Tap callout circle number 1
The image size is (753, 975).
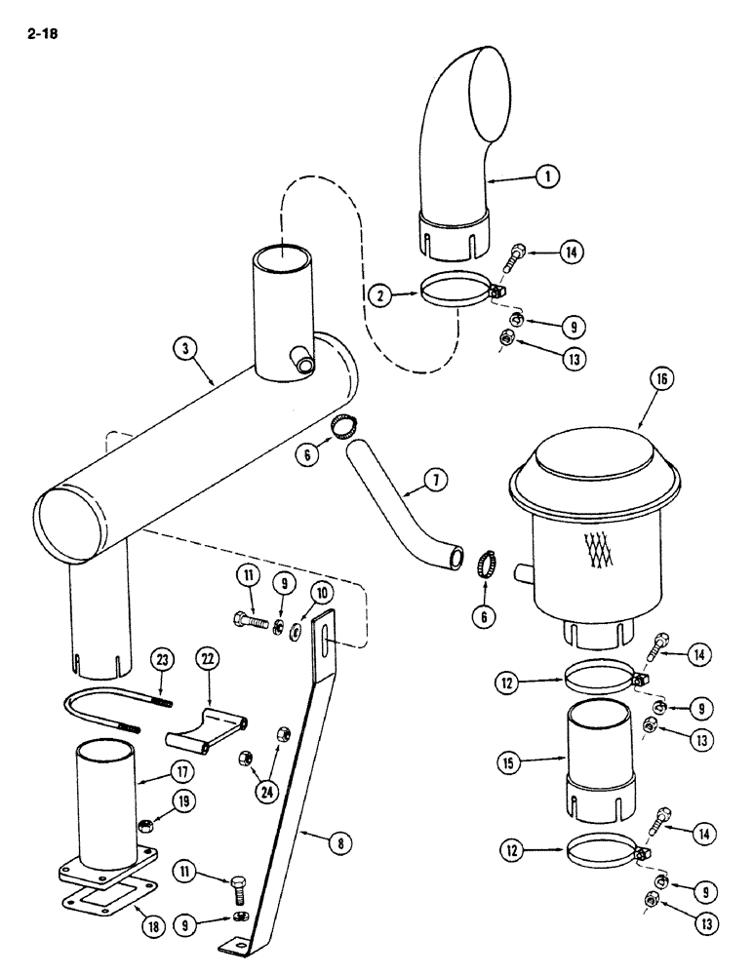tap(549, 176)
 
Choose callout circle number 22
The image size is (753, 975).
tap(207, 660)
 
